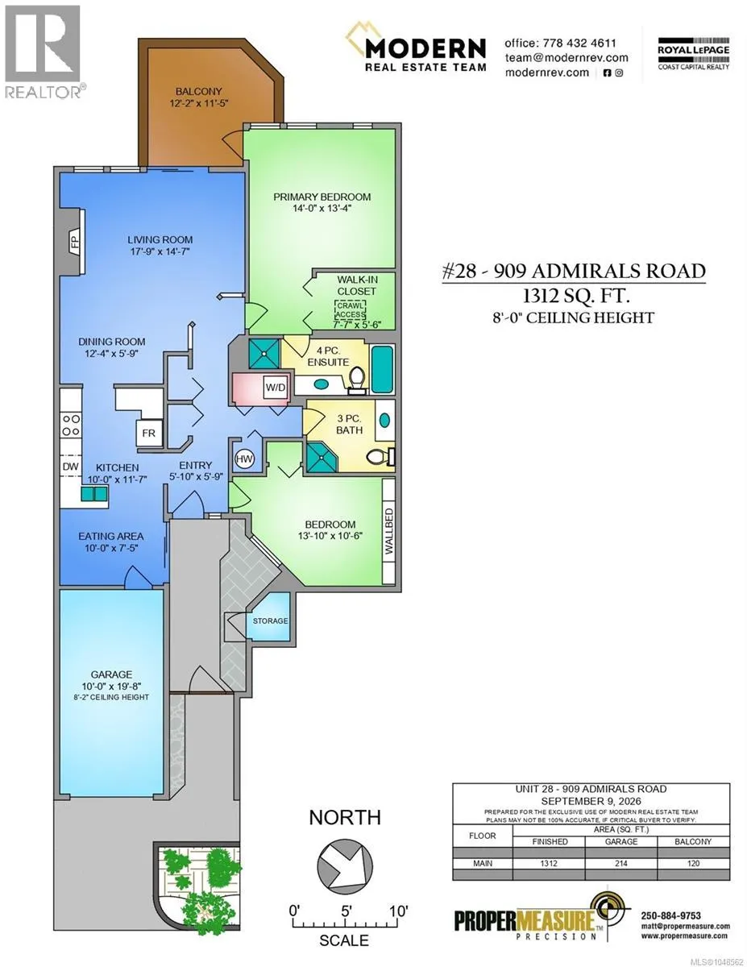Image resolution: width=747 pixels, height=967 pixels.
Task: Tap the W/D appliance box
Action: click(x=276, y=387)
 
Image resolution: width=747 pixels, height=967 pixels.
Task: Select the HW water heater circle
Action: click(x=244, y=459)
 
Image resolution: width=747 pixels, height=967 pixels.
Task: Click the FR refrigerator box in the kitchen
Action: click(x=149, y=433)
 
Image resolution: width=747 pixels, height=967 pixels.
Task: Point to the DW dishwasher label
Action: click(x=70, y=466)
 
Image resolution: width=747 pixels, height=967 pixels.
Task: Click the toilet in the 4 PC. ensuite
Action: click(x=357, y=382)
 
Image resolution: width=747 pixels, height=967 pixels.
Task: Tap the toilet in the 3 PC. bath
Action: click(x=380, y=456)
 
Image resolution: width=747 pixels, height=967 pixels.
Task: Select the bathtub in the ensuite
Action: click(x=383, y=369)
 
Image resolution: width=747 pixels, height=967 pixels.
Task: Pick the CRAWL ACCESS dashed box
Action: click(x=351, y=309)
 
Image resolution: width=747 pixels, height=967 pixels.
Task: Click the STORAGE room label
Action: click(x=270, y=620)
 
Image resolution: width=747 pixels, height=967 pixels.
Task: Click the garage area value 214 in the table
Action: click(x=620, y=863)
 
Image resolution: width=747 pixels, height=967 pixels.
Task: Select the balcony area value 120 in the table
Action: click(x=693, y=863)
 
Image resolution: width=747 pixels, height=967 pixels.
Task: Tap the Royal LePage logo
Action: click(x=693, y=53)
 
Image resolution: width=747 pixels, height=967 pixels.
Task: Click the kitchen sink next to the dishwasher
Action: click(x=93, y=493)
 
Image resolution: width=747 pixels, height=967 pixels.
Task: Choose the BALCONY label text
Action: click(x=198, y=91)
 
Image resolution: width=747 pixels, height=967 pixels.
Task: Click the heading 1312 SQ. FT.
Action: click(x=575, y=295)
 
